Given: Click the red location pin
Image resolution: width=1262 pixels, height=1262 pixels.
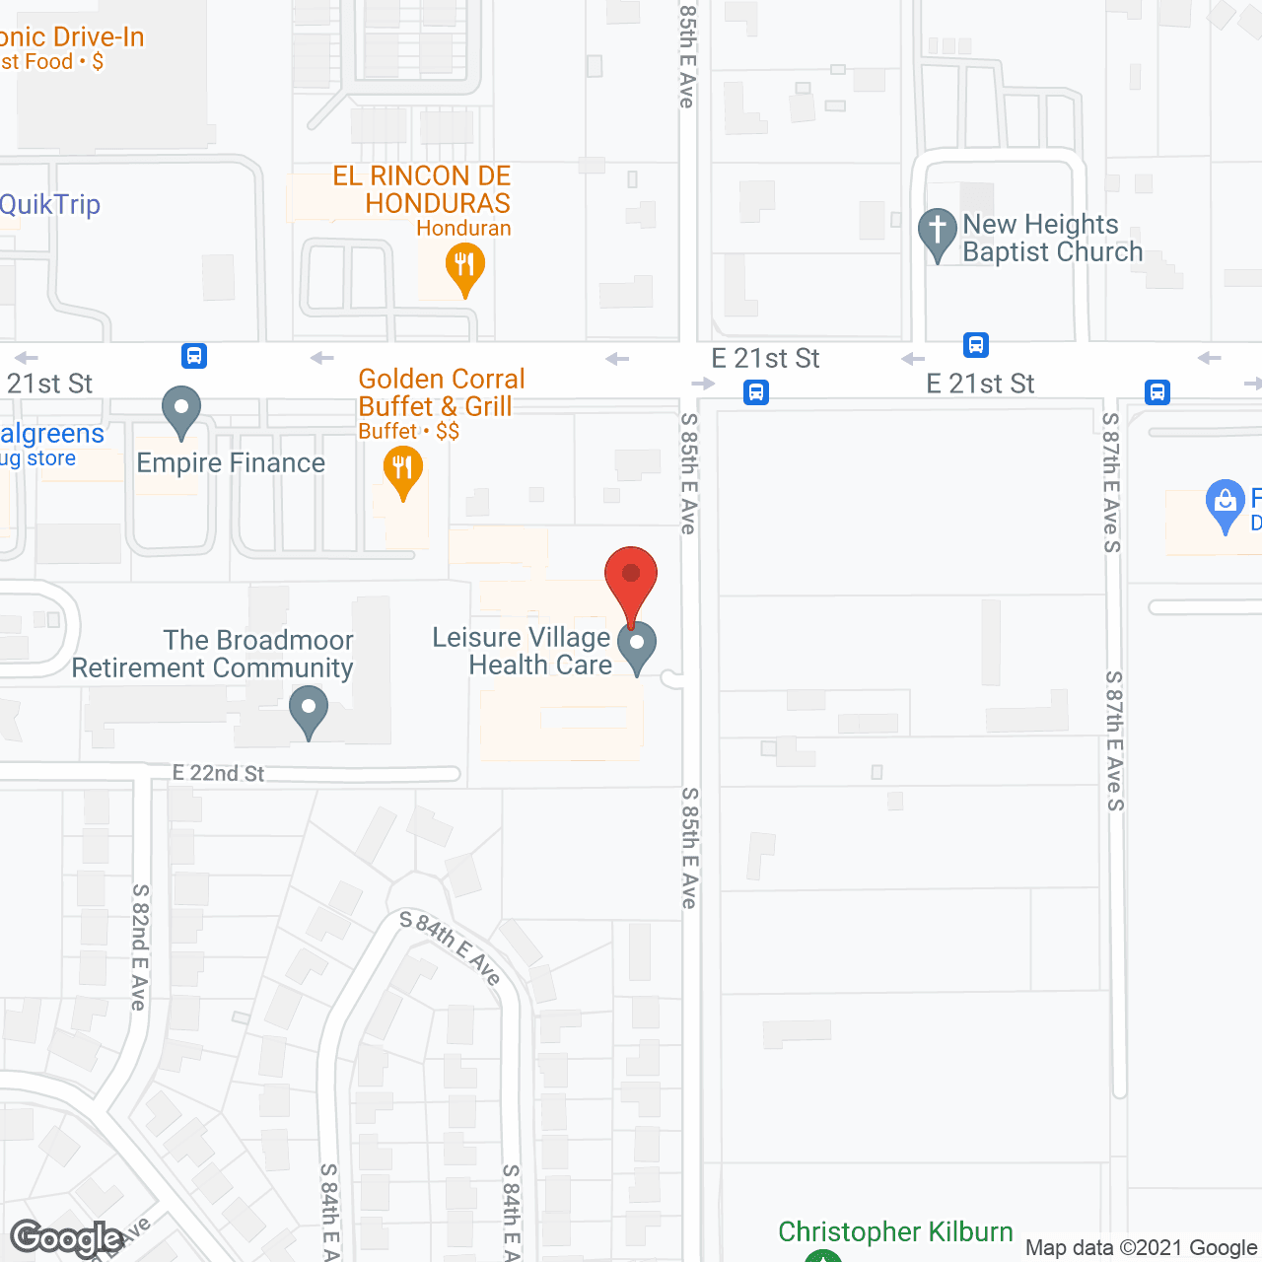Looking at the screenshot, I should pos(631,577).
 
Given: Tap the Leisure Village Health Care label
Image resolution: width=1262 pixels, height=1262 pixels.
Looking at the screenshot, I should pos(523,651).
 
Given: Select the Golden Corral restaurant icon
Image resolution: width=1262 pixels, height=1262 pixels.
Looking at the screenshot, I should pos(402,468).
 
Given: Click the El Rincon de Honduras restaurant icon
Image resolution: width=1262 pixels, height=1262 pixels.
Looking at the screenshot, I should pos(463,266).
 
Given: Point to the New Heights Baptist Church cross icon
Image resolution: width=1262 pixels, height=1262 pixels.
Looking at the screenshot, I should pos(937,232).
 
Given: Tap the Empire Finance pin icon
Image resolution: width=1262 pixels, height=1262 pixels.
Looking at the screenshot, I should pos(180,409).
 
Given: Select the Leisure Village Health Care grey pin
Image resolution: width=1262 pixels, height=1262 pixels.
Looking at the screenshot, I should pos(637,645).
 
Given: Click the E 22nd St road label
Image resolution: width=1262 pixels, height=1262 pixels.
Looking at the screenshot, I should pos(218,773).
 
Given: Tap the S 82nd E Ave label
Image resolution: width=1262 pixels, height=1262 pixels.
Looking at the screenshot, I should pos(140,946).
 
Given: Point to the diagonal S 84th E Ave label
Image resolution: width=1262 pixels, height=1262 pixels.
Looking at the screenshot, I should pos(451,947).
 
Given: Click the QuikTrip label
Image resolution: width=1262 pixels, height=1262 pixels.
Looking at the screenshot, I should pos(50,205).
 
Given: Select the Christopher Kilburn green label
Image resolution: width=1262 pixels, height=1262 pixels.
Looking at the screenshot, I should pos(895,1232).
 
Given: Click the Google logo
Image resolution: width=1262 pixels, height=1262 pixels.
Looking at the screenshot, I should pos(66,1237).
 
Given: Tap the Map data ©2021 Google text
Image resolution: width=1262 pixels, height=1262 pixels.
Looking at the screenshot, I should pos(1141,1248).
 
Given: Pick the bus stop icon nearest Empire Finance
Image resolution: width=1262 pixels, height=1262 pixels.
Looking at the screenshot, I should pos(194,355).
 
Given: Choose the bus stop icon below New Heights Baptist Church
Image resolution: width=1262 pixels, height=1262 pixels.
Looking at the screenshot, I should pos(976,345).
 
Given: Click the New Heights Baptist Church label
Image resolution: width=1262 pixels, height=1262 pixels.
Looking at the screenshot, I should pos(1052,238).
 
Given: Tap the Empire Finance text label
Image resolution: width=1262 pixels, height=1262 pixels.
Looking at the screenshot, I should pos(231,463).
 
